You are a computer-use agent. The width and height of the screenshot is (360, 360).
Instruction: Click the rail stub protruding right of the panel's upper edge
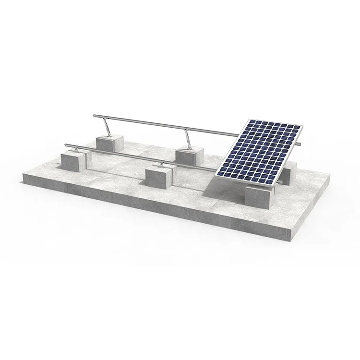[299, 143]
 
